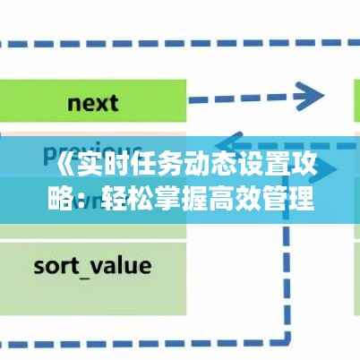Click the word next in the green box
(92, 101)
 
